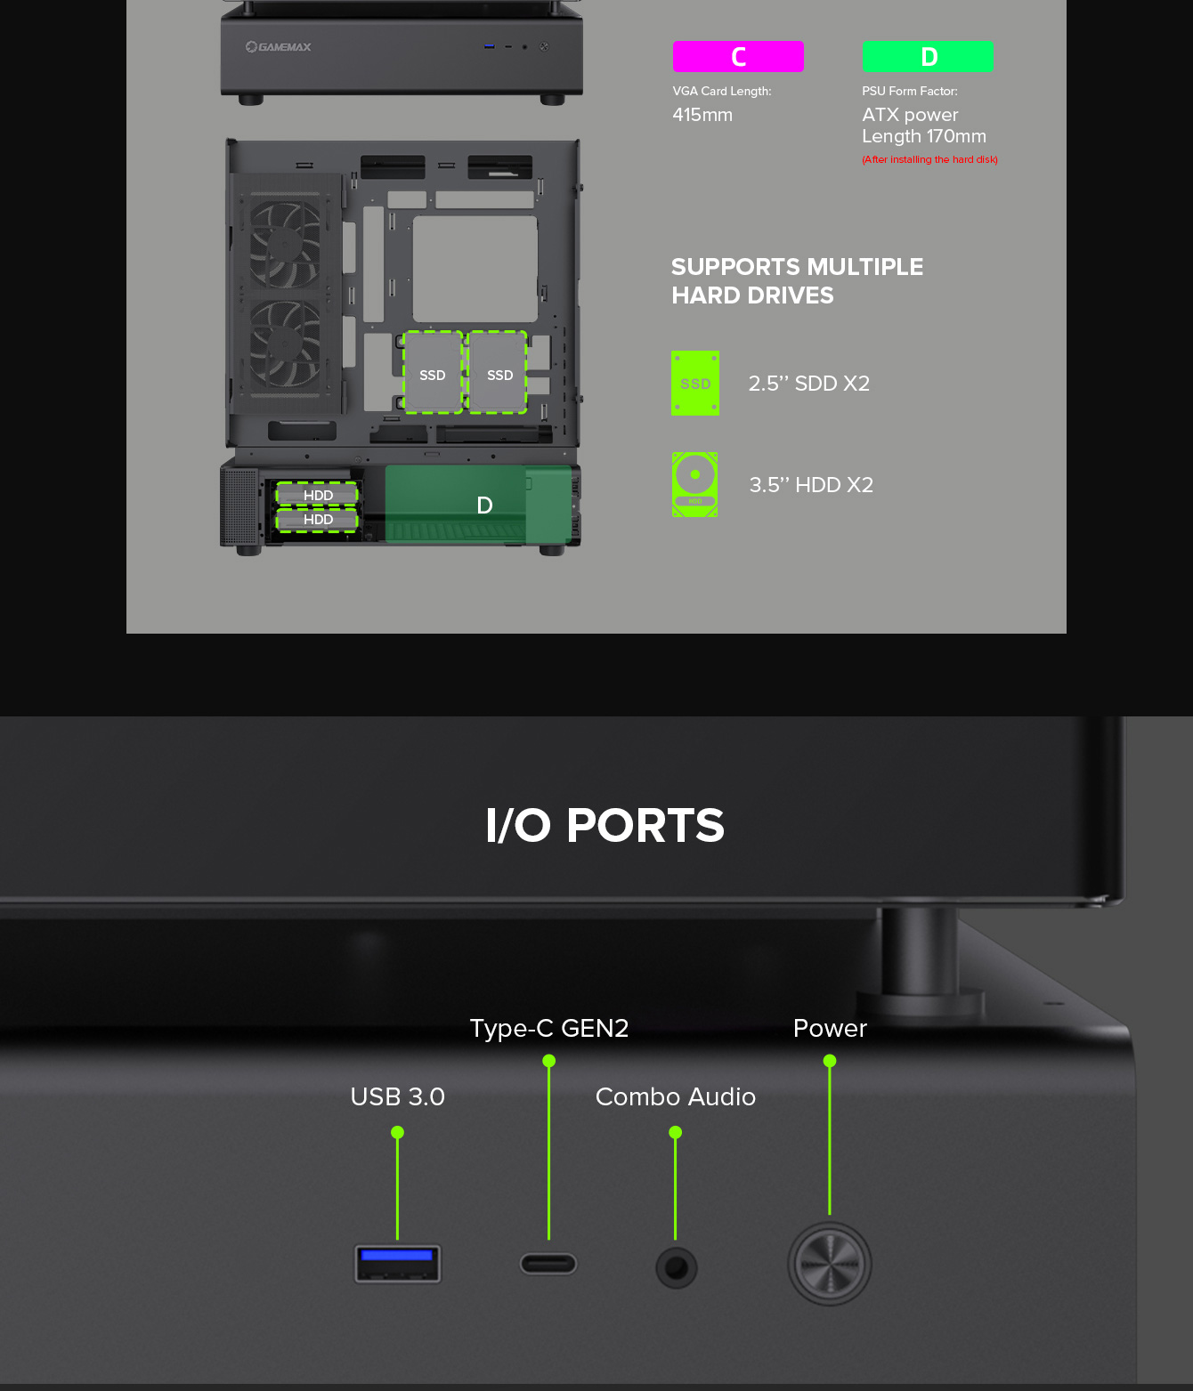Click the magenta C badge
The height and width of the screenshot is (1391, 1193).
[738, 57]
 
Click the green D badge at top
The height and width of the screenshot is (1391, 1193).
[928, 57]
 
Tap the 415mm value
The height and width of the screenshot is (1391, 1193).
[702, 115]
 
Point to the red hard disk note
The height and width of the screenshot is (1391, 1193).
[929, 159]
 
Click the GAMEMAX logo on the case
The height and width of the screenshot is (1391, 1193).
[278, 46]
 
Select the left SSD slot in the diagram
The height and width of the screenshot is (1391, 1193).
[433, 372]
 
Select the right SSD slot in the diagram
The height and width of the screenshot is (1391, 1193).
[498, 372]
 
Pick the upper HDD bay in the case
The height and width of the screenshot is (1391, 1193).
[316, 495]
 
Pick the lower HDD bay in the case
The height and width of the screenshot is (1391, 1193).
[316, 520]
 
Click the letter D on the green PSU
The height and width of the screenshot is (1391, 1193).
[484, 505]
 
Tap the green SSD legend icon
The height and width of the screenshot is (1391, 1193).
[694, 383]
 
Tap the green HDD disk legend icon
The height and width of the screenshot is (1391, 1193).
[694, 484]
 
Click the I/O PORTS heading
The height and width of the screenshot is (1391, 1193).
[605, 825]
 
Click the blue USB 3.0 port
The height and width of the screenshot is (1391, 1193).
[397, 1264]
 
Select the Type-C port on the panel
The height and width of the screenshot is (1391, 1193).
[548, 1264]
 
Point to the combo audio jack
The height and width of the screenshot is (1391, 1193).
[676, 1268]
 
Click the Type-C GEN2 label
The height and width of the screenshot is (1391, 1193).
[548, 1028]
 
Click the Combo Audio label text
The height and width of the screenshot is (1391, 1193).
[675, 1096]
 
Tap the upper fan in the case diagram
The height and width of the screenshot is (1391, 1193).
[286, 242]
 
